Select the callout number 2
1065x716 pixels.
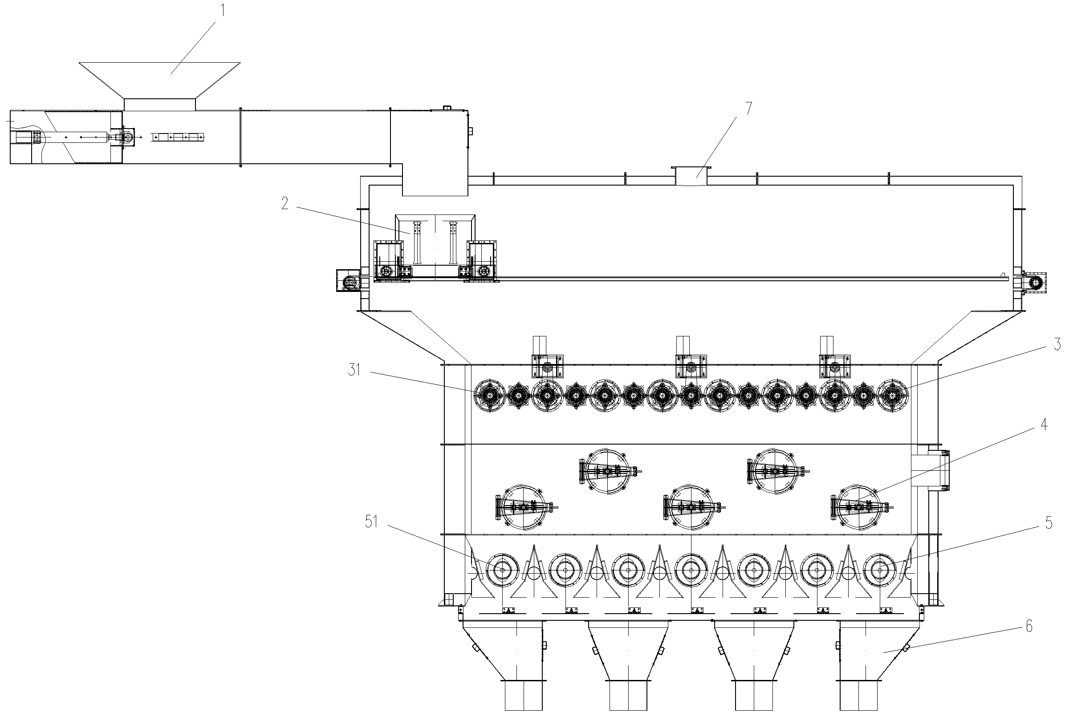(285, 204)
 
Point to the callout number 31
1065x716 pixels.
(355, 370)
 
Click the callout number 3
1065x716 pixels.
(1057, 345)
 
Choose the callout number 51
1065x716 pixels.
(371, 522)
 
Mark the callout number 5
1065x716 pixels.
(1049, 523)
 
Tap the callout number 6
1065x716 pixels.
(1029, 626)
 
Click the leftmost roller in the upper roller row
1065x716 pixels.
(490, 396)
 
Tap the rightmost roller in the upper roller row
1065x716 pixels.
(892, 396)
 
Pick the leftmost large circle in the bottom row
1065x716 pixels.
(502, 570)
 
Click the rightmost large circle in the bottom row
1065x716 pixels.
(880, 570)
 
